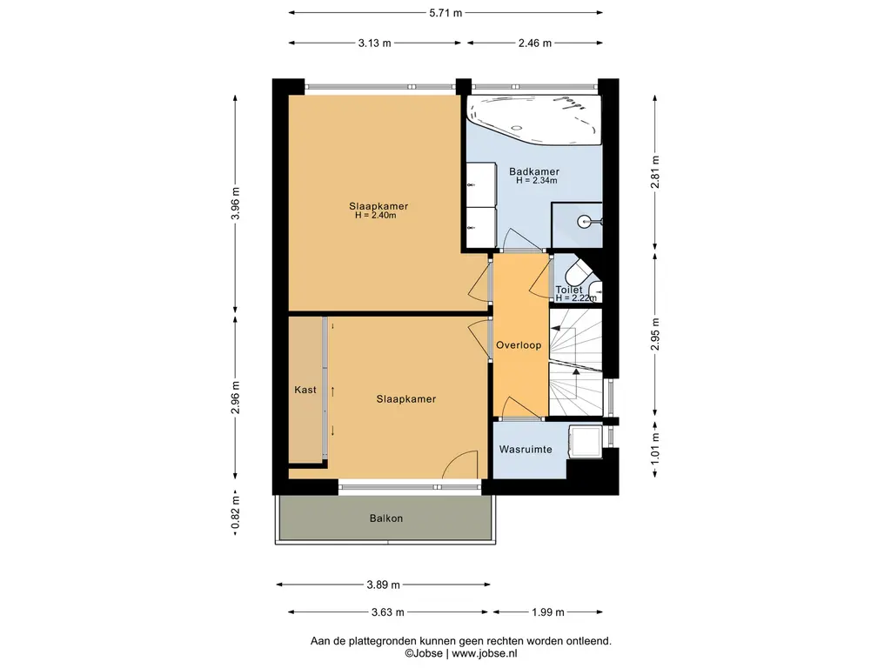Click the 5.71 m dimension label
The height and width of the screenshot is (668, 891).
coord(445,12)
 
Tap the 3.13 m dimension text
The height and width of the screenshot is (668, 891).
coord(374,43)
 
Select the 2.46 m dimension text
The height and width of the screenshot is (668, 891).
coord(535,43)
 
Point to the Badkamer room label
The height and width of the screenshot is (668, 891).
coord(534,171)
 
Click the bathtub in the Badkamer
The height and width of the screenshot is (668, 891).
coord(534,119)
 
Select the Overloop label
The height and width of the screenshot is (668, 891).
coord(519,344)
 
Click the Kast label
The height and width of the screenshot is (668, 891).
coord(305,390)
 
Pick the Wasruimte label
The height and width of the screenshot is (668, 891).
coord(526,450)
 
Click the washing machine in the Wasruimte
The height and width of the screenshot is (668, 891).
coord(586,441)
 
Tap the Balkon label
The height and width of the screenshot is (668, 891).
coord(386,518)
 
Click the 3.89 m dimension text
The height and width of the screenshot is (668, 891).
coord(384,584)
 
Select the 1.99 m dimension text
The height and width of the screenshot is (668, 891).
coord(548,611)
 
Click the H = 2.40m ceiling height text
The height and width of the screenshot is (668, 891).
coord(376,216)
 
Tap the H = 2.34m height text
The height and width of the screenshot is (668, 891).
coord(536,181)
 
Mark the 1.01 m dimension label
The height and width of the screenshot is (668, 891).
coord(655,449)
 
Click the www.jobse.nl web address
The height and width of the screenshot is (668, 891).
coord(485,653)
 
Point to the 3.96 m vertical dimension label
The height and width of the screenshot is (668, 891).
coord(235,203)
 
